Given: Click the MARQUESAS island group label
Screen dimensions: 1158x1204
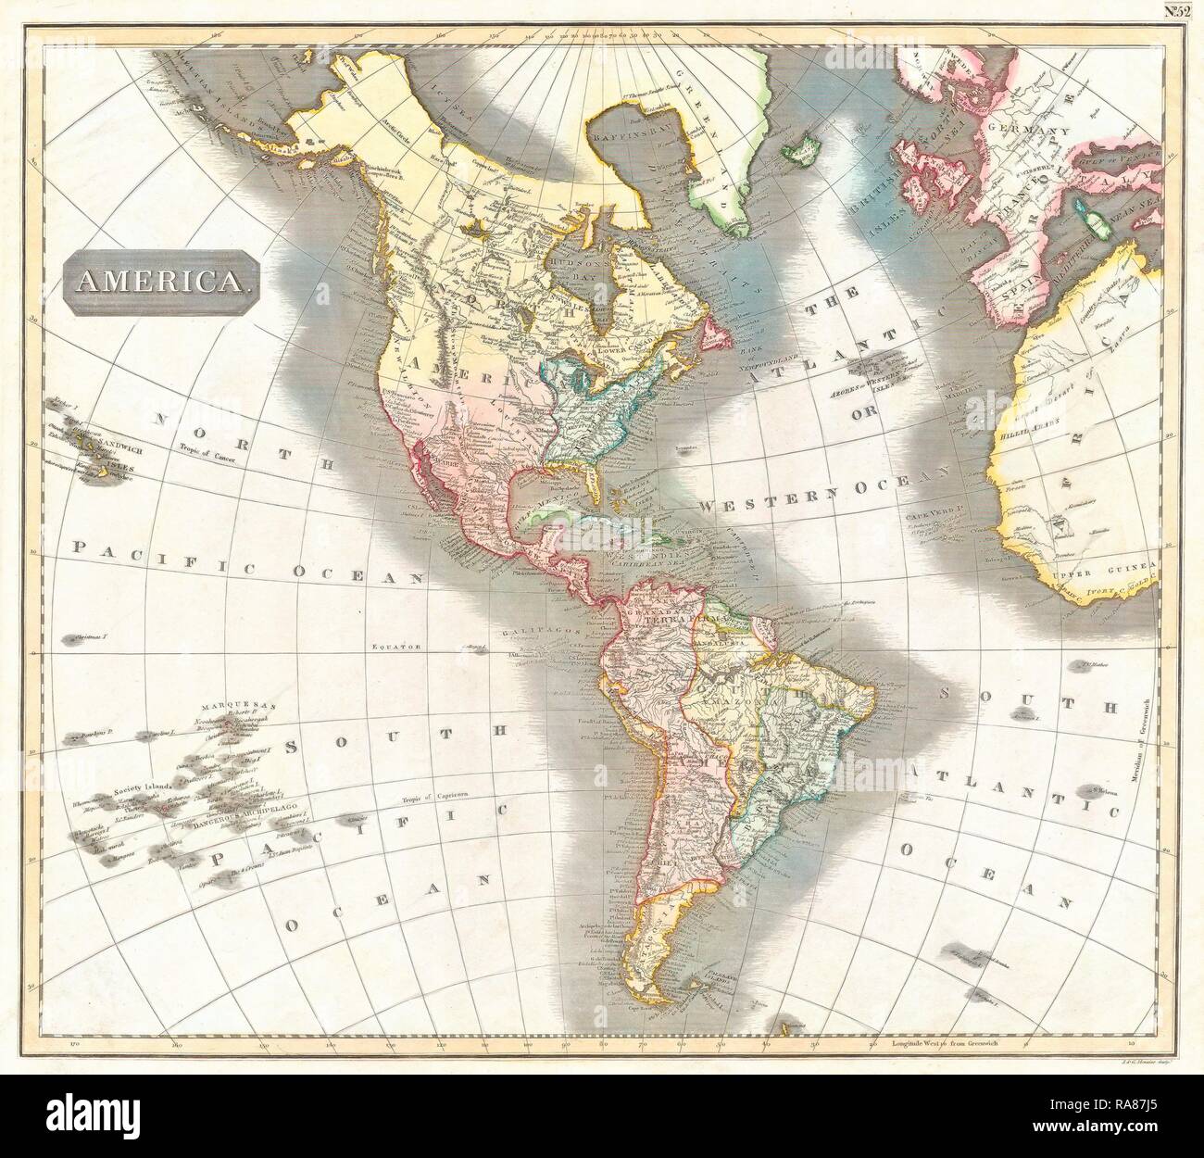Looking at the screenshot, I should (x=218, y=701).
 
